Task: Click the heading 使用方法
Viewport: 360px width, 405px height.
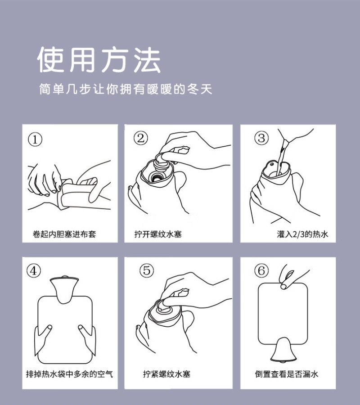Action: [x=99, y=60]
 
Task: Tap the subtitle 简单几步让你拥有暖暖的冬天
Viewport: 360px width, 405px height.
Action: [x=126, y=89]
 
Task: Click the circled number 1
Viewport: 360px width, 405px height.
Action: [x=36, y=139]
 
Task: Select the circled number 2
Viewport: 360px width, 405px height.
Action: [x=141, y=138]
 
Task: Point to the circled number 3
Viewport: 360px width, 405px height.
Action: [x=261, y=138]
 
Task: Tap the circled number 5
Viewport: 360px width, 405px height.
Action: [x=146, y=270]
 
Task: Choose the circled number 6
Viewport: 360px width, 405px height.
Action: [x=261, y=270]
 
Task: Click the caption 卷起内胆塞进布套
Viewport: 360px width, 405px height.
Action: [x=64, y=234]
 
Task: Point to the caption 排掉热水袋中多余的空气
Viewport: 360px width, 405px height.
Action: [x=69, y=374]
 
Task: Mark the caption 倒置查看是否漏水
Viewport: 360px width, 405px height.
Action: [x=287, y=374]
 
